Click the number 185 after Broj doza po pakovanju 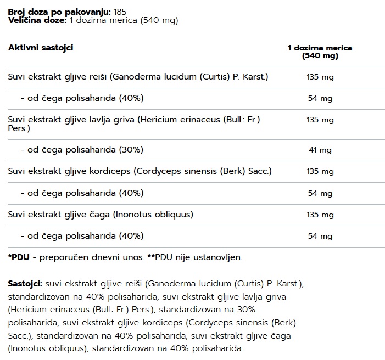point(121,12)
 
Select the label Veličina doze point(36,20)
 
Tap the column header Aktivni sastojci point(41,48)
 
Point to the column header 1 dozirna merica point(320,48)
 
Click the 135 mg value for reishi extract point(320,77)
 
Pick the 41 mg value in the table point(320,150)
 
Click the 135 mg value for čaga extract point(320,214)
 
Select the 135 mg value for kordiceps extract point(320,171)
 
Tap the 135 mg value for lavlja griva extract point(320,120)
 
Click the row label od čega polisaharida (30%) point(82,149)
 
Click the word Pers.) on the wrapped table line point(19,128)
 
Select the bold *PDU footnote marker point(18,257)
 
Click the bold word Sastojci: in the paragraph point(25,284)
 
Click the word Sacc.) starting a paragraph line point(20,335)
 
